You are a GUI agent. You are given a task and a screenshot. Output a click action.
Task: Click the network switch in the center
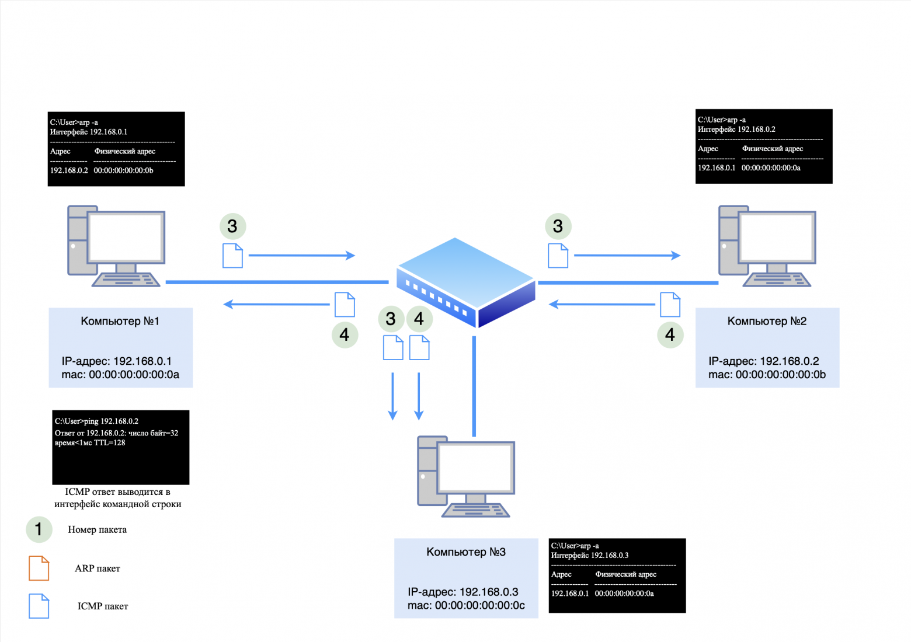[x=465, y=282]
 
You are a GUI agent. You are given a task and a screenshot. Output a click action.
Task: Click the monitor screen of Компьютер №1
[x=125, y=238]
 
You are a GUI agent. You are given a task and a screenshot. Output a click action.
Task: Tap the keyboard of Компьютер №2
[x=776, y=280]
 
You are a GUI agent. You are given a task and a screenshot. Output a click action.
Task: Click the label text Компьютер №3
[x=465, y=552]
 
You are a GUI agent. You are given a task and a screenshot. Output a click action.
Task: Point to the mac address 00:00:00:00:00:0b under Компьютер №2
[x=780, y=375]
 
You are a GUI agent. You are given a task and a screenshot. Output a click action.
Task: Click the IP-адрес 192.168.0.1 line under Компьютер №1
[x=117, y=361]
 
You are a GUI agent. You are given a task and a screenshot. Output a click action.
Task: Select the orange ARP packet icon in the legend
[x=39, y=568]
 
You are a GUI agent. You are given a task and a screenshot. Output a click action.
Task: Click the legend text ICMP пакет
[x=103, y=606]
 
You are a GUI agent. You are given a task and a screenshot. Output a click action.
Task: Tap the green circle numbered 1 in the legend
[x=39, y=529]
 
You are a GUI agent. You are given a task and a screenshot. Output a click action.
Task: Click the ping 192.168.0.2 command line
[x=97, y=421]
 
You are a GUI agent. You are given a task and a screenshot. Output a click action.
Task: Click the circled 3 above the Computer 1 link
[x=232, y=226]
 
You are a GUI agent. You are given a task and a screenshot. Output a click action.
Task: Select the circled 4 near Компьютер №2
[x=670, y=335]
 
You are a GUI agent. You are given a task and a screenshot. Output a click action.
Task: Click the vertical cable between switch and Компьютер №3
[x=474, y=385]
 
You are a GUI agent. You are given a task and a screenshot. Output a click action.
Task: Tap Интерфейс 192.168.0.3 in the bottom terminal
[x=590, y=556]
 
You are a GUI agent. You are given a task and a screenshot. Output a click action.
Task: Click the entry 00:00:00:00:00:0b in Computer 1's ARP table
[x=123, y=171]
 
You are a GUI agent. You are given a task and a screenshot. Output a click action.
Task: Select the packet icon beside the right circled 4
[x=670, y=304]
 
